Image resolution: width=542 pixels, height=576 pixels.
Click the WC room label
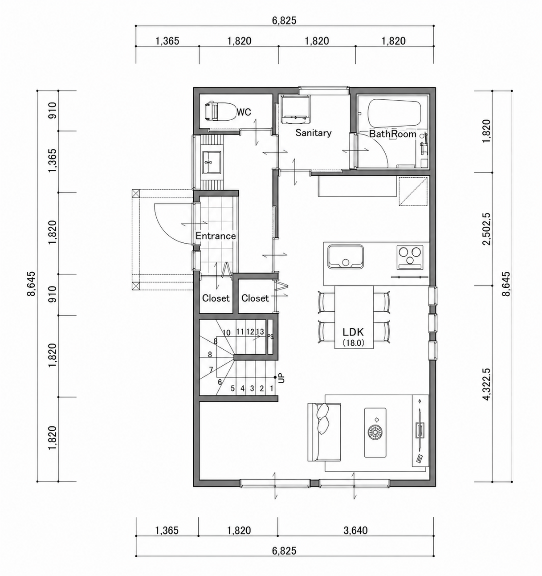[x=244, y=112]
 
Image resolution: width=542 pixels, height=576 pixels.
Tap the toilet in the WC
[x=220, y=111]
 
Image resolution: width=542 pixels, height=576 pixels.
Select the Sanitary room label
[x=313, y=133]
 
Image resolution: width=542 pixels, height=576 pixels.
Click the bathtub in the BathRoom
[x=394, y=114]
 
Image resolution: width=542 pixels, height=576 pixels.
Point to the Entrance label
[x=216, y=236]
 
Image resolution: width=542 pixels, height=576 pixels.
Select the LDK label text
[x=353, y=332]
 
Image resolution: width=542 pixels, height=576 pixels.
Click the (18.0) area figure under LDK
[x=353, y=343]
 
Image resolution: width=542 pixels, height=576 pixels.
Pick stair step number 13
[x=260, y=331]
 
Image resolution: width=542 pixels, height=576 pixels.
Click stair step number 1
[x=272, y=388]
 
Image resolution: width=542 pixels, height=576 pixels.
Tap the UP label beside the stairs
[x=281, y=378]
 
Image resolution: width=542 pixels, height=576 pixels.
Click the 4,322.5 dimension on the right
[x=487, y=384]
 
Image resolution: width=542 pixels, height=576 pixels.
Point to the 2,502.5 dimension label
[x=487, y=229]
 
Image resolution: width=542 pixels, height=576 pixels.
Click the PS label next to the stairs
[x=270, y=337]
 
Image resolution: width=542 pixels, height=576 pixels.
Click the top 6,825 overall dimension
[x=285, y=20]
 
